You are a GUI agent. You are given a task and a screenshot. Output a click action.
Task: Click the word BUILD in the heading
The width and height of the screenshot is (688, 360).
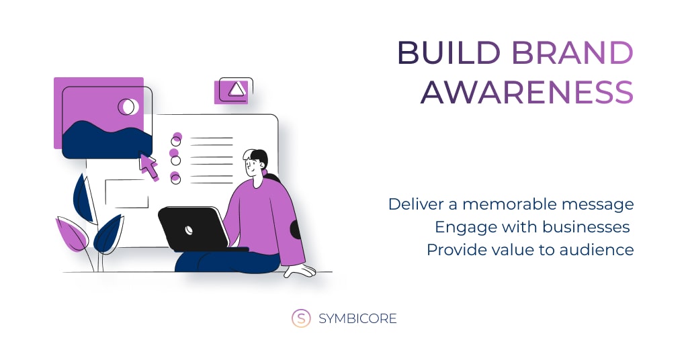(x=449, y=53)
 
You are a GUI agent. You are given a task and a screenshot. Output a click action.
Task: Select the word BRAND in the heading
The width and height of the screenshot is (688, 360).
(x=572, y=53)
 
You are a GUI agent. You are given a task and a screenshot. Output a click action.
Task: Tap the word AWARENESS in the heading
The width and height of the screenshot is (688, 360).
(x=527, y=92)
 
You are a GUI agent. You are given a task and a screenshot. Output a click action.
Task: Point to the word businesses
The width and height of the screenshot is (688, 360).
(x=586, y=227)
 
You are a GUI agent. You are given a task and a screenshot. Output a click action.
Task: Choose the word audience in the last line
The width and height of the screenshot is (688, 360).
(x=597, y=249)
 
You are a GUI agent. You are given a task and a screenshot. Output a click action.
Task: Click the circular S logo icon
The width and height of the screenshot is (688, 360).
(x=301, y=318)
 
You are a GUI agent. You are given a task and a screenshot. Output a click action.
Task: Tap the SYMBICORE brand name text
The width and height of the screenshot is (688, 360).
(x=357, y=318)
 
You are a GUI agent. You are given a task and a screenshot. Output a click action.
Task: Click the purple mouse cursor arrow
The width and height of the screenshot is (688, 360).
(x=148, y=166)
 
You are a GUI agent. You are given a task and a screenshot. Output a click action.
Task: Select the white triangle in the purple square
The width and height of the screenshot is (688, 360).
(x=236, y=89)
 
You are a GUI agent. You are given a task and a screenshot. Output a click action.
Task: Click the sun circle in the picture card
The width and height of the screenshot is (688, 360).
(x=128, y=107)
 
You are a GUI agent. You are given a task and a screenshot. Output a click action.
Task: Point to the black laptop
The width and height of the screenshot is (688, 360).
(x=195, y=229)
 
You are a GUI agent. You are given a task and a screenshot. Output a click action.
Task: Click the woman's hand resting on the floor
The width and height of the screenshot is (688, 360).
(x=300, y=271)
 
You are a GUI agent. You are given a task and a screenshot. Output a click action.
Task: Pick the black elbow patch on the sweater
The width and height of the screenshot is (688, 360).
(x=296, y=230)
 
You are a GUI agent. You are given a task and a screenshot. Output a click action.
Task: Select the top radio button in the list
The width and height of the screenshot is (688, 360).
(x=176, y=141)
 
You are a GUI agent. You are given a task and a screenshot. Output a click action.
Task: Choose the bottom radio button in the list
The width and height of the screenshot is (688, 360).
(x=175, y=179)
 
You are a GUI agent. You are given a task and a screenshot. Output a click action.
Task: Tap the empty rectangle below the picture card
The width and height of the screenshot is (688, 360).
(x=127, y=194)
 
